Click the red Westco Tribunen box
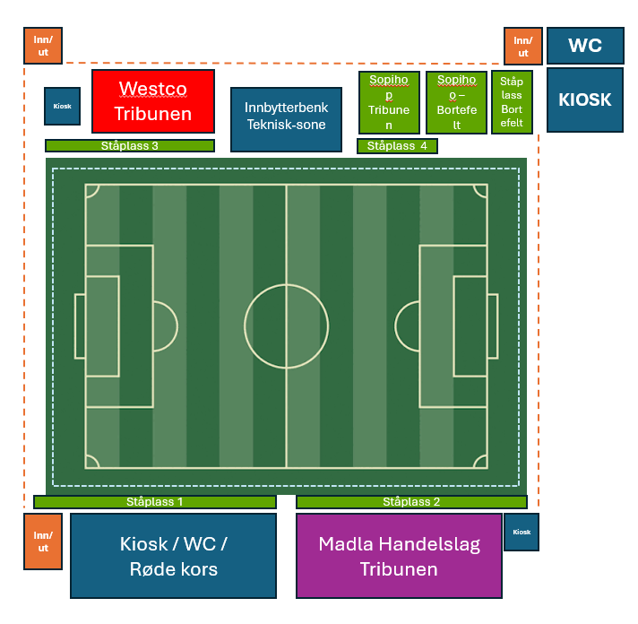(153, 101)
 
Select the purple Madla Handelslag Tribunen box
(399, 556)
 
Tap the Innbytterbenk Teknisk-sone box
(286, 119)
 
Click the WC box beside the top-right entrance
(585, 46)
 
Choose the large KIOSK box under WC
(585, 100)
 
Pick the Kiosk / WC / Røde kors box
(173, 556)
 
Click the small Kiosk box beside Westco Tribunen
(62, 106)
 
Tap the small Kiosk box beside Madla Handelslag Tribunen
(522, 532)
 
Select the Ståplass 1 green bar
(155, 502)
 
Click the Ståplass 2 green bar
(411, 502)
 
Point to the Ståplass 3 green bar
(130, 146)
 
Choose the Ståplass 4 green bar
(397, 146)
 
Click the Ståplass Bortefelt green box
(512, 102)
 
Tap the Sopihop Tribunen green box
(389, 102)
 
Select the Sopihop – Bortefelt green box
(456, 102)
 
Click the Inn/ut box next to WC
(523, 47)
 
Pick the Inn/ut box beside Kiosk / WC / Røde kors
(43, 542)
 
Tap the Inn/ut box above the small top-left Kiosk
(43, 46)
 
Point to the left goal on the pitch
(80, 326)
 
